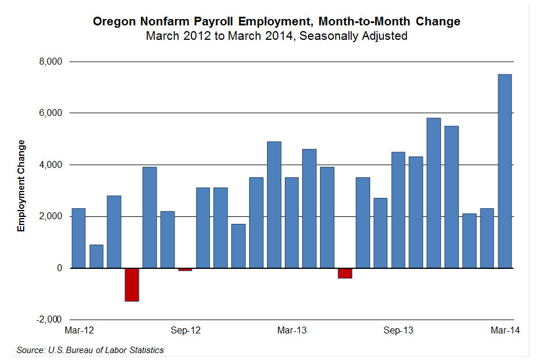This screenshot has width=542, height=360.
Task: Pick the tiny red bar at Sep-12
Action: coord(185,269)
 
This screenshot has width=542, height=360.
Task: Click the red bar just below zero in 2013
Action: coord(345,273)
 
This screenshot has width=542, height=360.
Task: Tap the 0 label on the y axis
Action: coord(59,268)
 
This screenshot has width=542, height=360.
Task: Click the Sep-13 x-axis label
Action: coord(398,331)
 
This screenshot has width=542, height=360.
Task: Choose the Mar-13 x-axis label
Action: coord(292,331)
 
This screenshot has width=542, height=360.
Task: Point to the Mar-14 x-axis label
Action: coord(505,331)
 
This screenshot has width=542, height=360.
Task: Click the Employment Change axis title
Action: coord(21,186)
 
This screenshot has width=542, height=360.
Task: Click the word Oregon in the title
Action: coord(114,22)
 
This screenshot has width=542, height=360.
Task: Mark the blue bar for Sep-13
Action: coord(398,210)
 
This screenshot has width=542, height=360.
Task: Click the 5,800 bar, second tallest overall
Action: coord(434,193)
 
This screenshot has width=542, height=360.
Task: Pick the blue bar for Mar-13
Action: coord(292,223)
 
